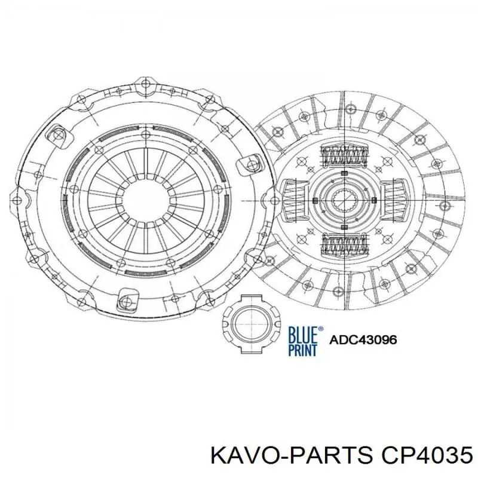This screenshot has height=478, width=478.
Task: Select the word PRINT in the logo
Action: [302, 349]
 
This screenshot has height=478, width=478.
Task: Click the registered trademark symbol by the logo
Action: [321, 327]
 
